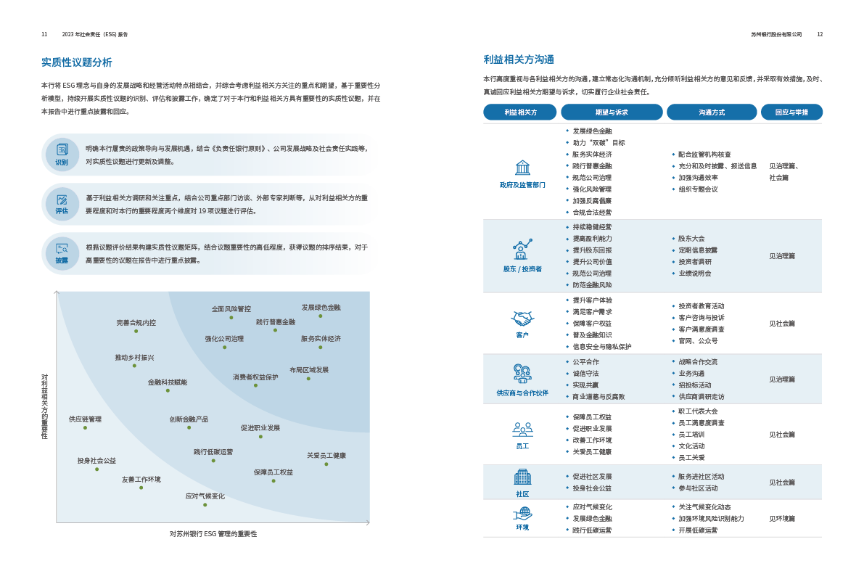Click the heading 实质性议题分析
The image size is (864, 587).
tap(76, 62)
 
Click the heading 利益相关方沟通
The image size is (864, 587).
tap(519, 59)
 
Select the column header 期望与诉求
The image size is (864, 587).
tap(612, 112)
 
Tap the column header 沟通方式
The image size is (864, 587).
tap(712, 112)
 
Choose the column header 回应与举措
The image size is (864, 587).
tap(791, 112)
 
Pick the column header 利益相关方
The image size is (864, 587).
tap(520, 112)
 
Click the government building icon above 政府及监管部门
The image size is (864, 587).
tap(522, 168)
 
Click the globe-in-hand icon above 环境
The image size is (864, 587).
tap(522, 514)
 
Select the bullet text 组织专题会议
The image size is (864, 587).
tap(698, 189)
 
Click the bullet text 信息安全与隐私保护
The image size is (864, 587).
tap(602, 347)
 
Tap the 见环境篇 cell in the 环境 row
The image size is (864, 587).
tap(782, 519)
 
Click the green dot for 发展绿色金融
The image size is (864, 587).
tap(320, 316)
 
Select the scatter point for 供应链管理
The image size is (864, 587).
tap(85, 427)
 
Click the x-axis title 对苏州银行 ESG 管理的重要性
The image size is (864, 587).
tap(213, 534)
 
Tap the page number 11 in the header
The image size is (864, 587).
tap(44, 34)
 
